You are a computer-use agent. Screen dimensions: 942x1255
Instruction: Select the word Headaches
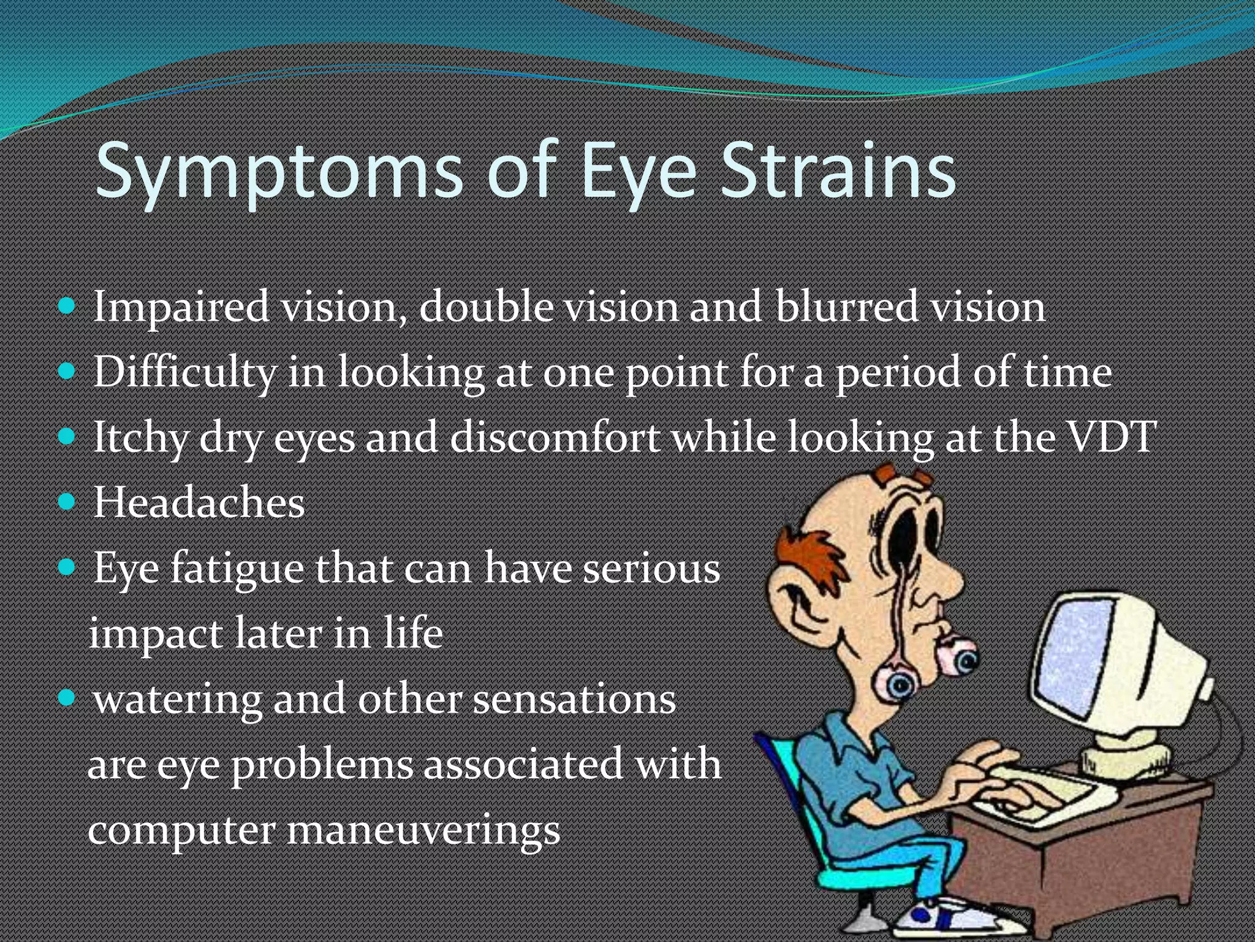(x=199, y=503)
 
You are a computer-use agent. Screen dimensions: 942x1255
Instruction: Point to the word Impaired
(x=181, y=307)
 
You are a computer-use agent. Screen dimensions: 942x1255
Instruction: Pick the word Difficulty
(x=184, y=372)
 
